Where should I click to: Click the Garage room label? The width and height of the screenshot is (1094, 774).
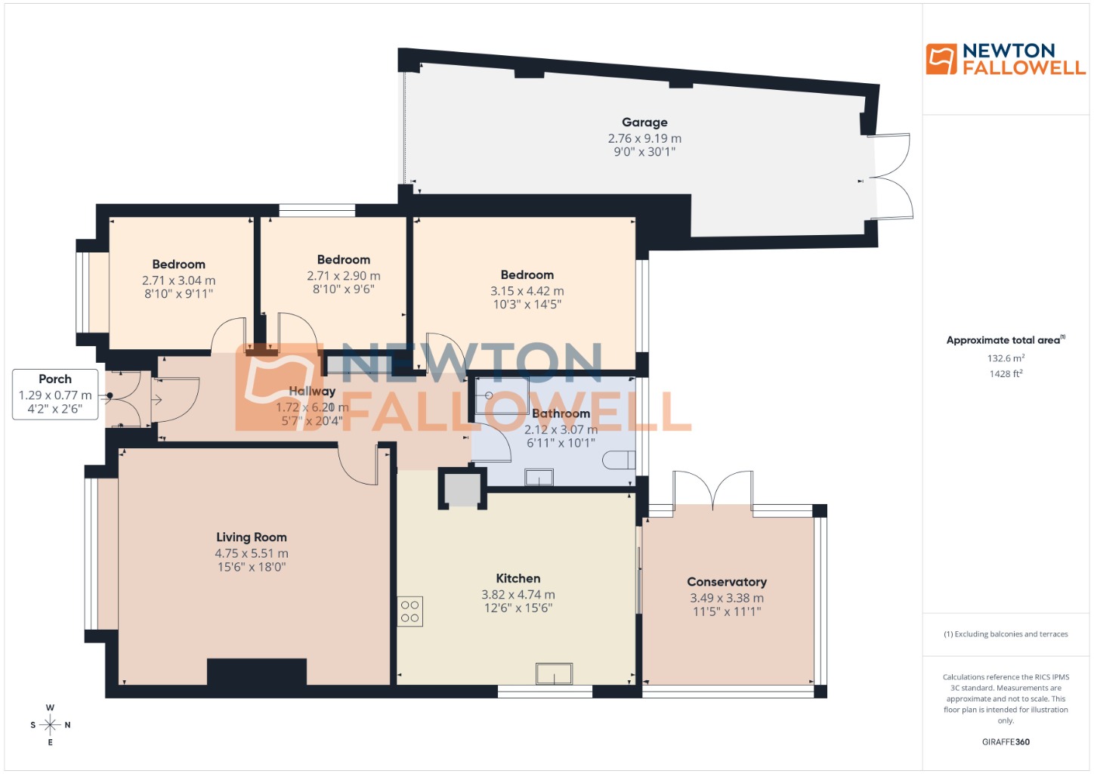pyautogui.click(x=644, y=122)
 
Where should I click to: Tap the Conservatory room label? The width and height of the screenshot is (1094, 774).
pyautogui.click(x=727, y=582)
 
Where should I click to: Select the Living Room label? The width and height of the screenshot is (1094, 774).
pyautogui.click(x=252, y=537)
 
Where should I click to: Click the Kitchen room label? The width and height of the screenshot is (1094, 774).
pyautogui.click(x=518, y=579)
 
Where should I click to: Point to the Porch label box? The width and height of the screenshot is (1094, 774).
pyautogui.click(x=55, y=394)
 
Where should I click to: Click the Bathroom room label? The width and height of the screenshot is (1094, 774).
pyautogui.click(x=561, y=413)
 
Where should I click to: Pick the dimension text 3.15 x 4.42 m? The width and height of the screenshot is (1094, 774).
pyautogui.click(x=527, y=291)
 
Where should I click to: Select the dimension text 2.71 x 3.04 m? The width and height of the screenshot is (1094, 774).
pyautogui.click(x=179, y=280)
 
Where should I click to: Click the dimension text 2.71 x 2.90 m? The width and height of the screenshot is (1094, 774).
pyautogui.click(x=344, y=276)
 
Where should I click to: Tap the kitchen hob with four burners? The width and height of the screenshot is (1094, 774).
pyautogui.click(x=410, y=611)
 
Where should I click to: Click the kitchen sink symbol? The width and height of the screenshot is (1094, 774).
pyautogui.click(x=554, y=673)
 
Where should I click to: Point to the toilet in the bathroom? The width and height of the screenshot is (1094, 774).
pyautogui.click(x=619, y=460)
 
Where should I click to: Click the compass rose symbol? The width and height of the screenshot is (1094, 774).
pyautogui.click(x=50, y=725)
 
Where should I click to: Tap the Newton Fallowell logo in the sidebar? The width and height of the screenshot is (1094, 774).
pyautogui.click(x=1006, y=59)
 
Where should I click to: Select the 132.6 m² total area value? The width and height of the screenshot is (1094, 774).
pyautogui.click(x=1006, y=358)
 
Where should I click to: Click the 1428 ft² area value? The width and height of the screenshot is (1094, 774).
pyautogui.click(x=1006, y=373)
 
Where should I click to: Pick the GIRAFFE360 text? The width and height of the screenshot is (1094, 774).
pyautogui.click(x=1006, y=741)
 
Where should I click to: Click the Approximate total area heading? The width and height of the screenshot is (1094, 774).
pyautogui.click(x=1006, y=340)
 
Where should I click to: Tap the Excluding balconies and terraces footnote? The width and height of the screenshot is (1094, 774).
pyautogui.click(x=1006, y=634)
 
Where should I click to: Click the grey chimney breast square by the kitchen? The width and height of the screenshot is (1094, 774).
pyautogui.click(x=462, y=489)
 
